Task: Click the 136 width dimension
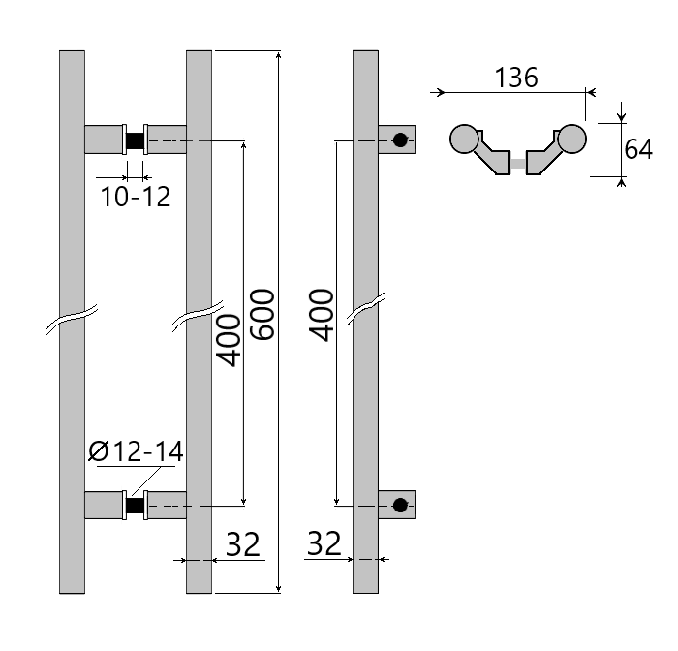516,77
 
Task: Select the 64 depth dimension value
638,149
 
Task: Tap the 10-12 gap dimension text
136,197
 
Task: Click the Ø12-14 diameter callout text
136,451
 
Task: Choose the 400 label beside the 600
228,340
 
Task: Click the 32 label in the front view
242,544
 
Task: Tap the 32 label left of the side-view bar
324,544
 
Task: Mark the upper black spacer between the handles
136,140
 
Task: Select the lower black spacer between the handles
136,505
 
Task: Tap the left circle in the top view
465,139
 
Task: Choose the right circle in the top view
572,139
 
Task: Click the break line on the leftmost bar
73,320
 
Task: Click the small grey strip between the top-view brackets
519,166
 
